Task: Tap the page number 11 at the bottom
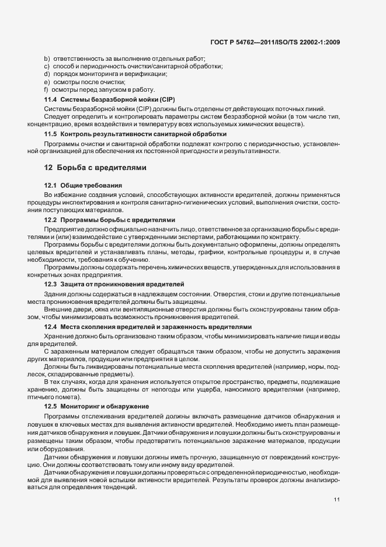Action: tap(337, 500)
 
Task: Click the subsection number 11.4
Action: tap(50, 101)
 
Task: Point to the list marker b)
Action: tap(47, 60)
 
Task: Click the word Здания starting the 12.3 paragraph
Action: tap(55, 293)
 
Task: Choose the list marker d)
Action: tap(47, 74)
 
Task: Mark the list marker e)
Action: tap(47, 82)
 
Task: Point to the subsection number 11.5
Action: tap(50, 134)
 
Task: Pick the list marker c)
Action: tap(47, 67)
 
